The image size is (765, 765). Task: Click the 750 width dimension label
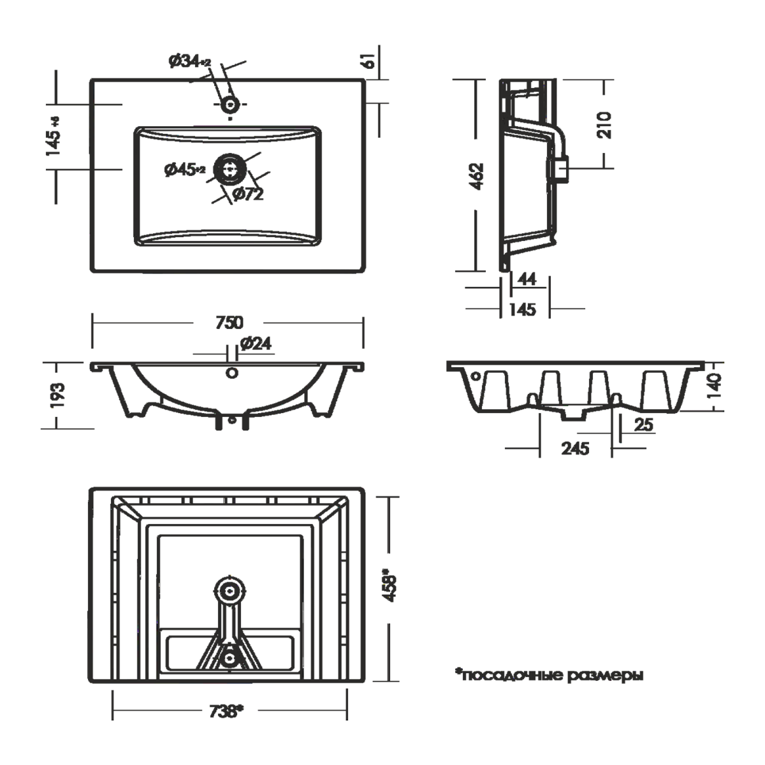(x=229, y=323)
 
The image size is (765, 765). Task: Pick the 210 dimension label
(x=604, y=124)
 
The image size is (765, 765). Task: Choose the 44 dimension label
(x=527, y=279)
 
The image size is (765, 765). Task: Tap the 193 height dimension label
(x=58, y=395)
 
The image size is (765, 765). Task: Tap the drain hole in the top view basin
(x=230, y=170)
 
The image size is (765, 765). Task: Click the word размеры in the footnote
(x=604, y=675)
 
